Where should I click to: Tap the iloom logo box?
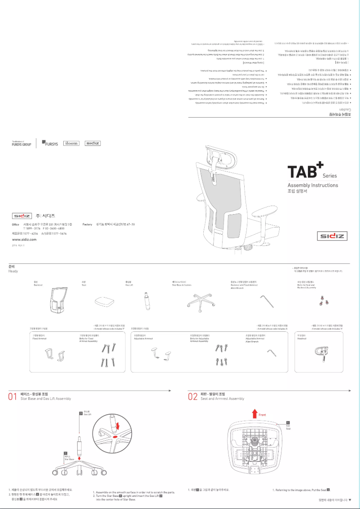tap(71, 143)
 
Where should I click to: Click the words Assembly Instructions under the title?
tap(312, 185)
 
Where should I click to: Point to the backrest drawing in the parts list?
tap(57, 299)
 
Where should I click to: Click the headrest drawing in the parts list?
tap(321, 352)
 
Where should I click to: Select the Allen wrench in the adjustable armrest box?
tap(271, 354)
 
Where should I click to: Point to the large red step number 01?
tap(13, 397)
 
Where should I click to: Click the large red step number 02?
tap(193, 397)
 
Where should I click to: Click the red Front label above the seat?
tap(263, 415)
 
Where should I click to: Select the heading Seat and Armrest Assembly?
tap(222, 399)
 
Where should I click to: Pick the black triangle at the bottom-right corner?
tap(351, 500)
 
